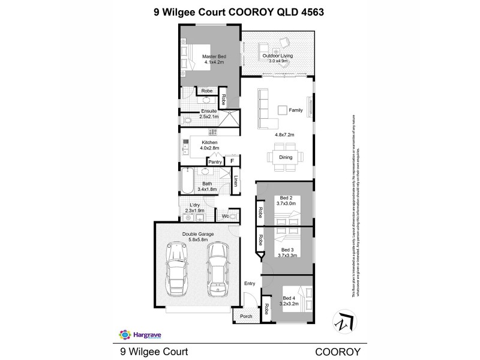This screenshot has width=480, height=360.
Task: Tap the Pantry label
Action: [215, 161]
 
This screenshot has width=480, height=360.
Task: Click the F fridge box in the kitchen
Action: [232, 161]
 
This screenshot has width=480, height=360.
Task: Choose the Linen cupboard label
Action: [236, 181]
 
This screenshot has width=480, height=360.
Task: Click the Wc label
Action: [226, 215]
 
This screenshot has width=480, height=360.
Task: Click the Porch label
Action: [246, 316]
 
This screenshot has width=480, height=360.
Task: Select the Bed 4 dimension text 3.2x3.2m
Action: [289, 304]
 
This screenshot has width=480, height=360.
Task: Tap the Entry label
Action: [250, 284]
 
